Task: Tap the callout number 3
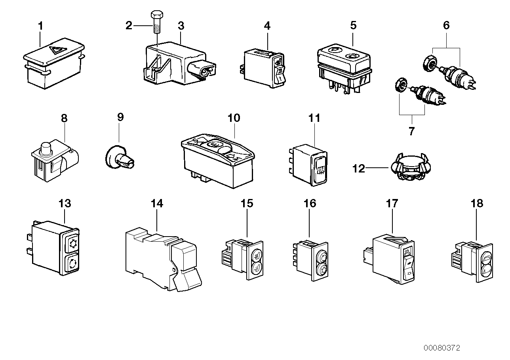click(x=181, y=26)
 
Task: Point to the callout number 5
click(x=353, y=26)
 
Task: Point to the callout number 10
click(x=234, y=118)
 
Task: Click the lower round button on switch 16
click(x=321, y=271)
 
